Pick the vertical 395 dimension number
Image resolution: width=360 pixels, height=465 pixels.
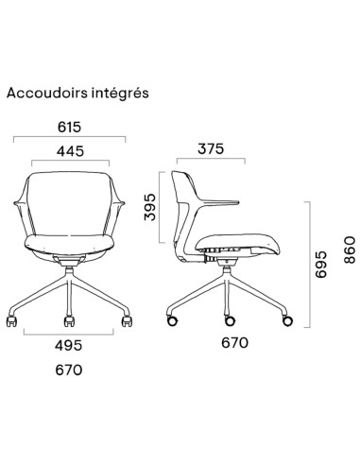point(149,204)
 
